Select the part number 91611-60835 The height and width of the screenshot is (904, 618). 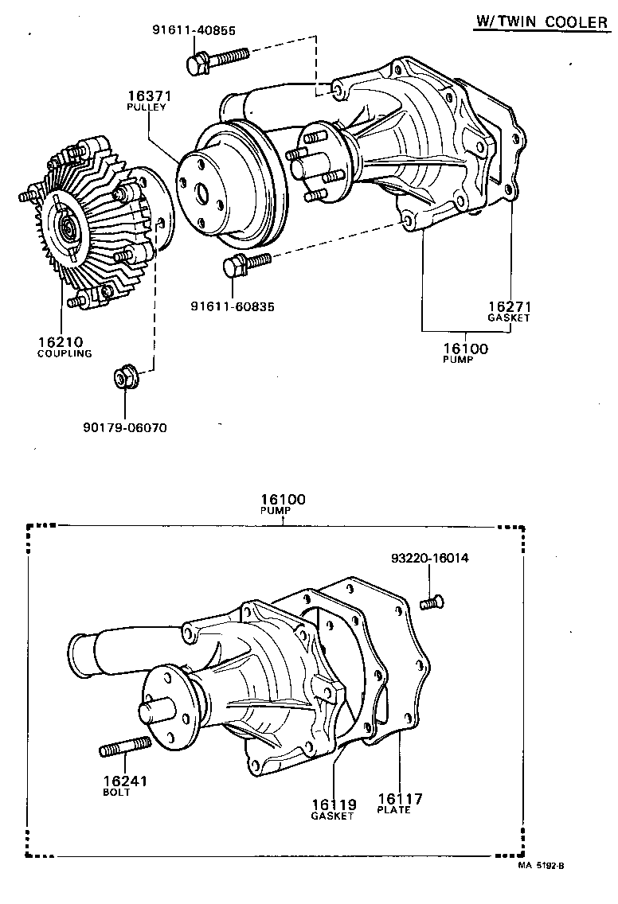[232, 306]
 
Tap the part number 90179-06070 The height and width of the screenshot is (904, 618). [124, 427]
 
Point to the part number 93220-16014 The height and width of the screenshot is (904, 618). [429, 558]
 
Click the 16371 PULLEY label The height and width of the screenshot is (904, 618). [147, 100]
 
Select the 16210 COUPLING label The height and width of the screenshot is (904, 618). [65, 347]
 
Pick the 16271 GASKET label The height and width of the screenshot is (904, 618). [509, 311]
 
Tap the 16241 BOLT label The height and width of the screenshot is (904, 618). [124, 785]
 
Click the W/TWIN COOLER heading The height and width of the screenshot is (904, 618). [541, 22]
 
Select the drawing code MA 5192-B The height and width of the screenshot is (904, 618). [546, 864]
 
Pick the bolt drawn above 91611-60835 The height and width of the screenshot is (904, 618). [248, 263]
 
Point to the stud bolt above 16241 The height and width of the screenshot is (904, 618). [125, 749]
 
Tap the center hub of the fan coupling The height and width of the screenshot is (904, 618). [68, 232]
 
